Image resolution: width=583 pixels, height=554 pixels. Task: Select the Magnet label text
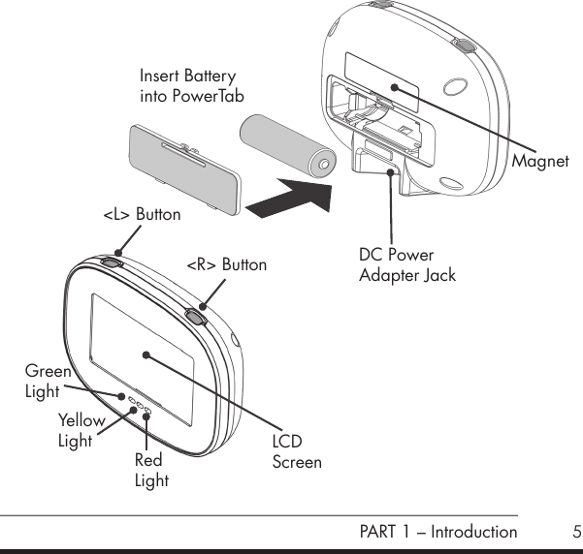click(x=540, y=161)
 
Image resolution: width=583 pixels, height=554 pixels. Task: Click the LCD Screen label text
click(x=296, y=453)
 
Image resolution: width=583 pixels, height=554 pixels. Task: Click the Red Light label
click(x=151, y=471)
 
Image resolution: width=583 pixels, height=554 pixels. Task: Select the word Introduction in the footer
click(x=473, y=532)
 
